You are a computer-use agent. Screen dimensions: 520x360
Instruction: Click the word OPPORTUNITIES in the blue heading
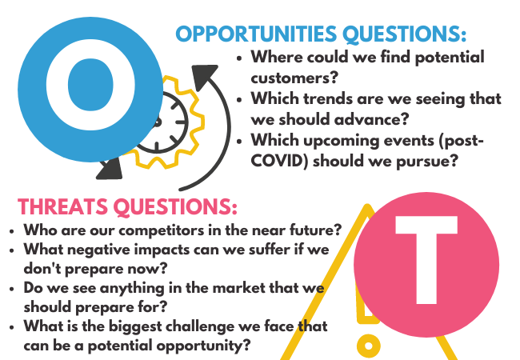click(256, 34)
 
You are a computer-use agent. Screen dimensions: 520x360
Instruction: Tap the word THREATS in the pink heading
click(62, 206)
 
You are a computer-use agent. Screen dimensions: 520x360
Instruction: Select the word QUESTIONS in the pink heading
click(175, 207)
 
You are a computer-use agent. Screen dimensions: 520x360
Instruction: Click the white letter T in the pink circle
click(426, 260)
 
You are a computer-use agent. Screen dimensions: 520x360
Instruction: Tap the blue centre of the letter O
click(90, 85)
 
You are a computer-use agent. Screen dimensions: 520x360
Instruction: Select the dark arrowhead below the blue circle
click(110, 169)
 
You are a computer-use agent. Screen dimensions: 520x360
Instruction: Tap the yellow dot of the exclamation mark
click(369, 346)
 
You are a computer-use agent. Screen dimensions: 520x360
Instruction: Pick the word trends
click(324, 98)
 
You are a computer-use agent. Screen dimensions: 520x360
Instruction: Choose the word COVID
click(279, 161)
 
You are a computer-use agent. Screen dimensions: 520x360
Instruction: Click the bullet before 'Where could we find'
click(239, 58)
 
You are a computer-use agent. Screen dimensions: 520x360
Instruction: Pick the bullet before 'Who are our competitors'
click(12, 231)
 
